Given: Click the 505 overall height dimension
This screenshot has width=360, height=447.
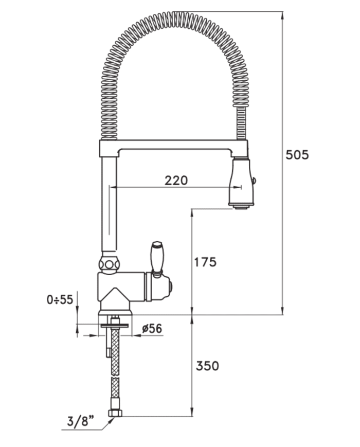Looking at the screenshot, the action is click(297, 155).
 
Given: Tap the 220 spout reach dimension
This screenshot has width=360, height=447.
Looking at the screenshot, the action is click(176, 181).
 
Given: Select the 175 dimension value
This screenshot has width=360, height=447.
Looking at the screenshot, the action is click(205, 262).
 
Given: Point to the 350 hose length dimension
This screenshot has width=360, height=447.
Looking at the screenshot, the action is click(207, 366).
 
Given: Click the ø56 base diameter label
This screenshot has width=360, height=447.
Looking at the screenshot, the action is click(152, 328).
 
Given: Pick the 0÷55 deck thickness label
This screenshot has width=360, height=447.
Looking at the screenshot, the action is click(60, 299).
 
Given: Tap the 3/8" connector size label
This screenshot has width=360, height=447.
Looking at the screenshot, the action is click(81, 421).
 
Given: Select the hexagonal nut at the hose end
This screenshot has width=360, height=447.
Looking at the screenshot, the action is click(115, 414).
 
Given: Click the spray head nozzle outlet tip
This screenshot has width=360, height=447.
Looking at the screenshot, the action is click(240, 207).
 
